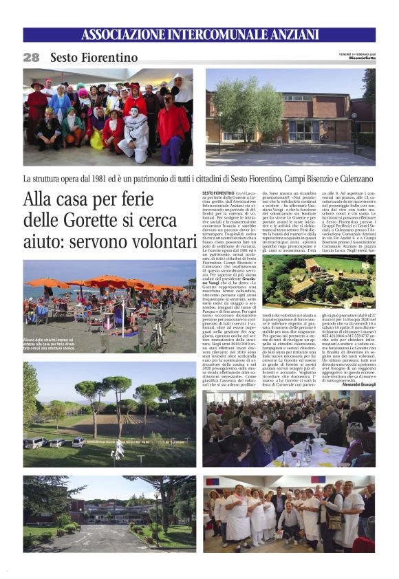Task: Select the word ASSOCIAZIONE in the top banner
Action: point(127,35)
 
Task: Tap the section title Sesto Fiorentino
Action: point(94,58)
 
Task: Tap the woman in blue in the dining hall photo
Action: point(266,437)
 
